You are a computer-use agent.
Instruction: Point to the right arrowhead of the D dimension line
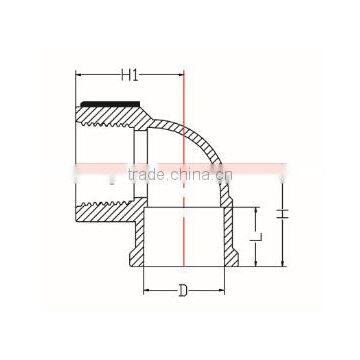point(216,291)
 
